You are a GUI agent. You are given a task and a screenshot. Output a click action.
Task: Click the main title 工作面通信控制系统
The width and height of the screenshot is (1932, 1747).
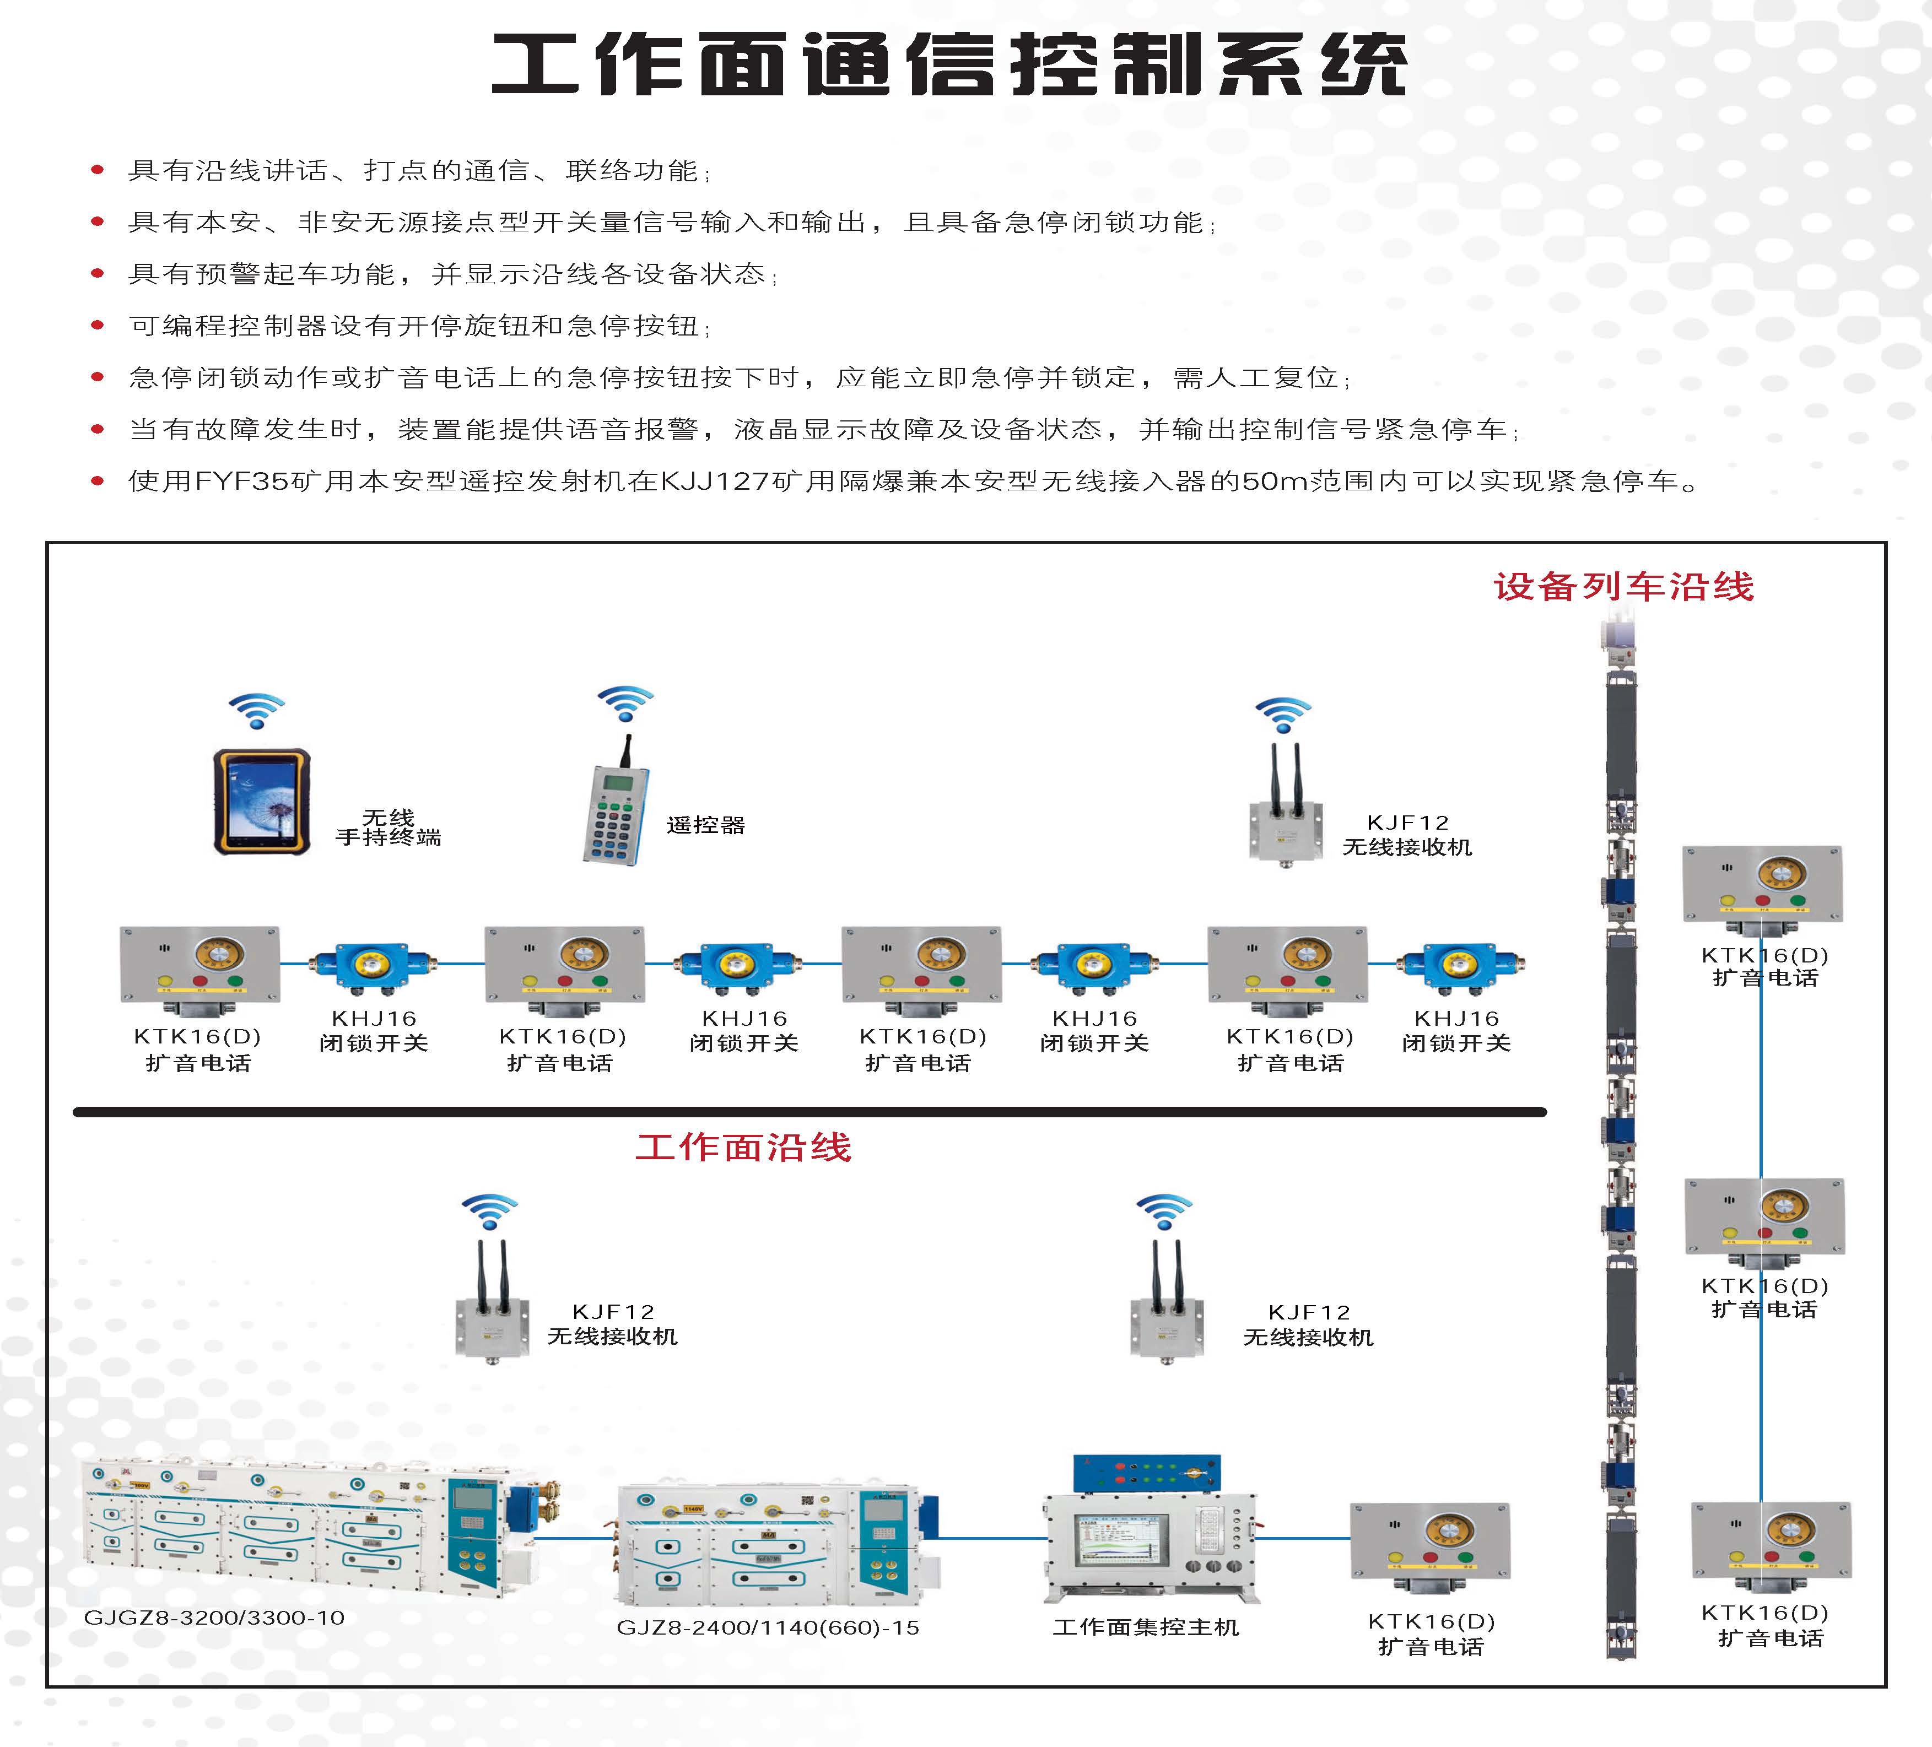[949, 65]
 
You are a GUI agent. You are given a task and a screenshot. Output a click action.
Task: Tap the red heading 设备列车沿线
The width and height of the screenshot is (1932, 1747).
[1623, 587]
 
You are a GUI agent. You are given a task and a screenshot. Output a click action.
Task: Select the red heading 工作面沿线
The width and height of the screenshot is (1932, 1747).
[744, 1147]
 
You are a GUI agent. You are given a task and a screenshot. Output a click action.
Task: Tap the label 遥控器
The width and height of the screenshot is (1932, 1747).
[705, 825]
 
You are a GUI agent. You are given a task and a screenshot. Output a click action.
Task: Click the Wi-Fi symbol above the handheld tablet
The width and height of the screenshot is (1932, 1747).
[256, 710]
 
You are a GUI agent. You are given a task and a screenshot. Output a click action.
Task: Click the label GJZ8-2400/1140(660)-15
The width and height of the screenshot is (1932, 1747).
[768, 1627]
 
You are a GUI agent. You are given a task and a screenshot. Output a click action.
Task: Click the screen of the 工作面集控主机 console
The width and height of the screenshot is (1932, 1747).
[1121, 1546]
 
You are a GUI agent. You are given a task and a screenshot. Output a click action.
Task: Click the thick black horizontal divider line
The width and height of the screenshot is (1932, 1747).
[810, 1112]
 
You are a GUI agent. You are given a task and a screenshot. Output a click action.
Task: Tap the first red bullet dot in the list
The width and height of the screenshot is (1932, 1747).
[97, 171]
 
